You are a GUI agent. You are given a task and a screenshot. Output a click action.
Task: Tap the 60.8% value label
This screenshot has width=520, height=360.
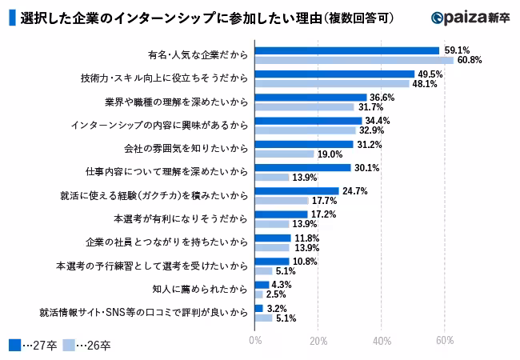(468, 61)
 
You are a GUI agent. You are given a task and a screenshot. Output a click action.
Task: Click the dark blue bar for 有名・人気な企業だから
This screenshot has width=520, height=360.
(346, 50)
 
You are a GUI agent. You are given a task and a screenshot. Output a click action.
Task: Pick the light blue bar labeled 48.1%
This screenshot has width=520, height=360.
(331, 83)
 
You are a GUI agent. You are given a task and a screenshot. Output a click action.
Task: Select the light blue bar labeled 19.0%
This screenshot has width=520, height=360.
(284, 154)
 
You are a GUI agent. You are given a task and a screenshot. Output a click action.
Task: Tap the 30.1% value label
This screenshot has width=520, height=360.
(366, 167)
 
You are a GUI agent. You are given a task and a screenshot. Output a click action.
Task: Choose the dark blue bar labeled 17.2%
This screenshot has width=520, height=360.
(281, 214)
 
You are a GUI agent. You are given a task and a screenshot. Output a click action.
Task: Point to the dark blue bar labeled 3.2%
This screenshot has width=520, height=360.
(258, 308)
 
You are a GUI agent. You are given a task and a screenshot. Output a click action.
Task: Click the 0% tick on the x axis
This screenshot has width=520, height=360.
(255, 341)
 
